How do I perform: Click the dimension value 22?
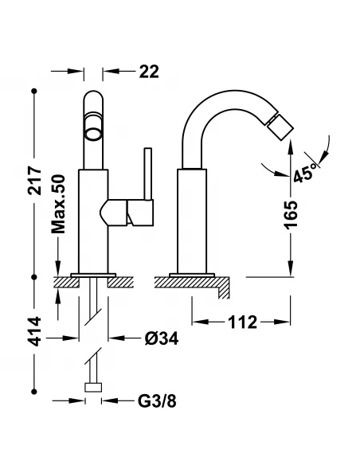(149, 72)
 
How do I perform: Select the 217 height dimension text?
(34, 181)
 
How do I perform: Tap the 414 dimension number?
(34, 331)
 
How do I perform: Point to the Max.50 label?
(58, 205)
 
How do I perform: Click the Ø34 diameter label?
(162, 338)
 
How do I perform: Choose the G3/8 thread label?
(157, 401)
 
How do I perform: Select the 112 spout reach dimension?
(242, 322)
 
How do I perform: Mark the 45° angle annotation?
(303, 173)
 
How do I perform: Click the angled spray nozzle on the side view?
(280, 128)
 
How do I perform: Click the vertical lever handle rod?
(147, 174)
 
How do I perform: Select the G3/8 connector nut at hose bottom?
(93, 387)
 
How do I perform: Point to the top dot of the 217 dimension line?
(34, 91)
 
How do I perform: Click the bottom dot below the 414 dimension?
(34, 392)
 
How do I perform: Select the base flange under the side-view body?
(192, 275)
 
